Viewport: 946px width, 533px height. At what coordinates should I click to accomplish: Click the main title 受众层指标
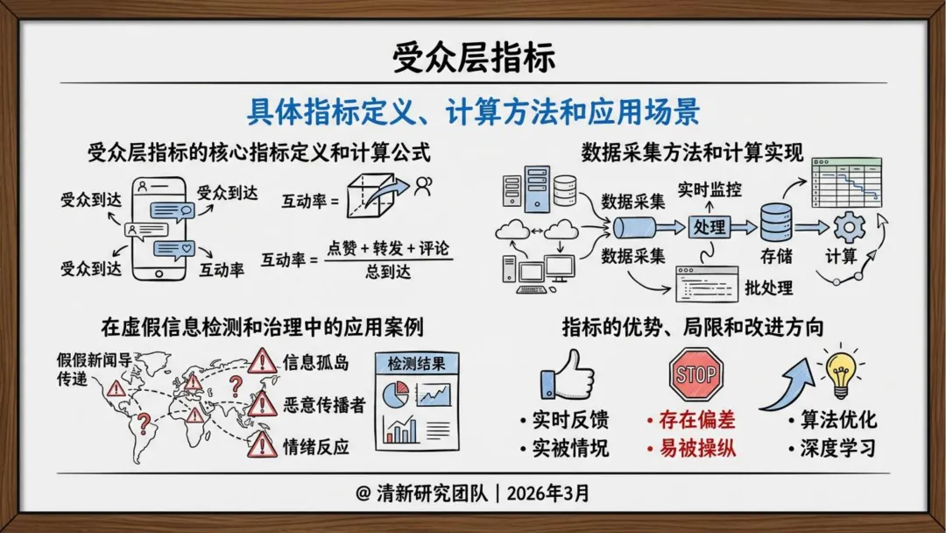click(x=473, y=58)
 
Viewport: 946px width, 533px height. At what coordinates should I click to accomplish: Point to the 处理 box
click(x=709, y=227)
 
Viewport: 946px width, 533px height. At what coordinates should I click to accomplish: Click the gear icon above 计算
click(x=848, y=227)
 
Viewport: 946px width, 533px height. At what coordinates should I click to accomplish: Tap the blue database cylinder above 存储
click(x=775, y=223)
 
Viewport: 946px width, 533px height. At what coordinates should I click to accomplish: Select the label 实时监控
click(x=709, y=188)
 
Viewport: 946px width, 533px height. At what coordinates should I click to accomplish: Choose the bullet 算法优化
click(x=837, y=419)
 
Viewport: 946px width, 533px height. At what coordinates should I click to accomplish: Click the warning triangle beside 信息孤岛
click(x=262, y=361)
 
